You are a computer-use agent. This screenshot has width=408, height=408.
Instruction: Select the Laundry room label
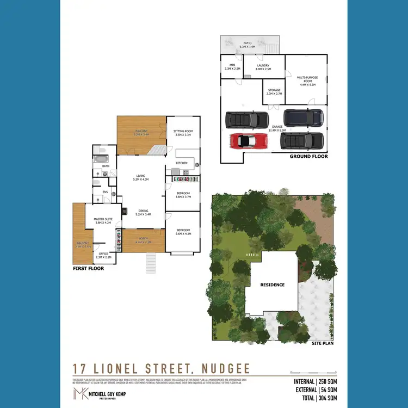tap(263, 67)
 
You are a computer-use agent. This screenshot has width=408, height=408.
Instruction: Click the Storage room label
tap(274, 92)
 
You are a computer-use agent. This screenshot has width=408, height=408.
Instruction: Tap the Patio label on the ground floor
tap(248, 45)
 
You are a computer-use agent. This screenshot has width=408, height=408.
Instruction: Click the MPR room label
tap(231, 67)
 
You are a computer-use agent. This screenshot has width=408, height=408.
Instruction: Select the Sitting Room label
tap(183, 132)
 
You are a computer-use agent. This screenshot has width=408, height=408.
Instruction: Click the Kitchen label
tap(181, 163)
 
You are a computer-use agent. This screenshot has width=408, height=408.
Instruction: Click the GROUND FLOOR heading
tap(308, 156)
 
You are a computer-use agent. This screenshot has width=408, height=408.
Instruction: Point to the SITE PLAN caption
tap(323, 343)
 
